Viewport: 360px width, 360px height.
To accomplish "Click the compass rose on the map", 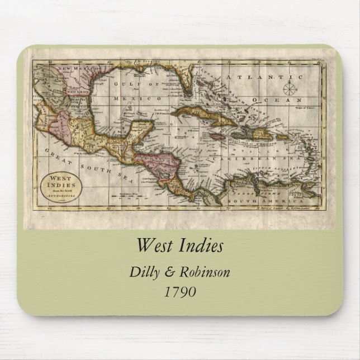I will pos(290,88).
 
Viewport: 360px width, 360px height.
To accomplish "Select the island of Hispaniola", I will pos(259,133).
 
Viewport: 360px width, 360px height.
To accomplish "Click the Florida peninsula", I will pos(182,84).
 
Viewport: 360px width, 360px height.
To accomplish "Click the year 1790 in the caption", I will pos(180,291).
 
